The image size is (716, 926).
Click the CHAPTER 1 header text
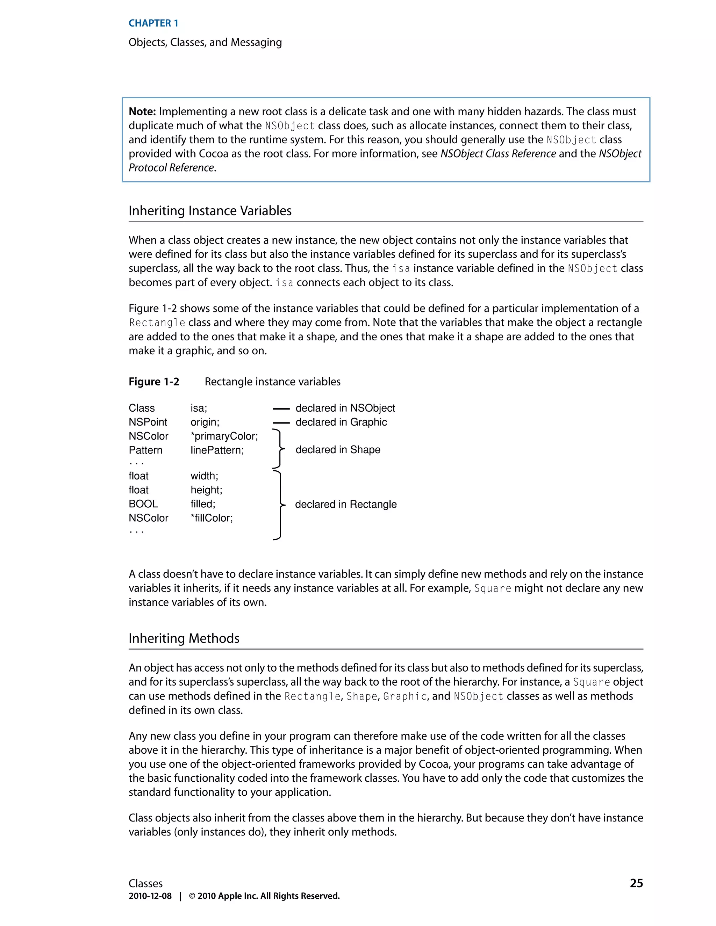pyautogui.click(x=153, y=23)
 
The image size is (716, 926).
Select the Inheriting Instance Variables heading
pyautogui.click(x=210, y=211)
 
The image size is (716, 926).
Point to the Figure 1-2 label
pyautogui.click(x=153, y=382)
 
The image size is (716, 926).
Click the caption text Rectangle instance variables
pyautogui.click(x=272, y=382)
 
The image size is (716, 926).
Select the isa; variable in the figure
pyautogui.click(x=199, y=408)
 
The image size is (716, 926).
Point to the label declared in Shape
pyautogui.click(x=338, y=449)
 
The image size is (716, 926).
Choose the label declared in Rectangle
pyautogui.click(x=346, y=504)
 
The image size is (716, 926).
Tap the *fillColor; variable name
pyautogui.click(x=212, y=518)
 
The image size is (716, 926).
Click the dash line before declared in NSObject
pyautogui.click(x=280, y=409)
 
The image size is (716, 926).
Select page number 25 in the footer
pyautogui.click(x=636, y=883)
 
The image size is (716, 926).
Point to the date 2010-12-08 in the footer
pyautogui.click(x=150, y=896)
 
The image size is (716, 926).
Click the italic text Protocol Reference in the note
pyautogui.click(x=171, y=168)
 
